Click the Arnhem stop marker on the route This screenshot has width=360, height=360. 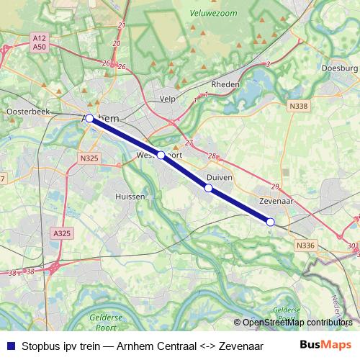tap(89, 118)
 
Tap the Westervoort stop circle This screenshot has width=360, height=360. tap(161, 155)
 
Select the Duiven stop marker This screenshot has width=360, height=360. tap(209, 188)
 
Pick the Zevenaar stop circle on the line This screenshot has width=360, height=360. tap(271, 222)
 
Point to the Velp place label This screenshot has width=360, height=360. tap(167, 99)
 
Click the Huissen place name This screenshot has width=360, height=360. tap(130, 196)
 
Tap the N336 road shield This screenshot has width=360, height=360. tap(305, 246)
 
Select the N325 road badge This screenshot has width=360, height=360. tap(89, 158)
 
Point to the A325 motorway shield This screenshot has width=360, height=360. tap(62, 233)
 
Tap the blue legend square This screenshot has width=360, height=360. tap(10, 343)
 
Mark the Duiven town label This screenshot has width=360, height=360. tap(217, 176)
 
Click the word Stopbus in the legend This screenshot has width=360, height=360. tap(40, 343)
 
